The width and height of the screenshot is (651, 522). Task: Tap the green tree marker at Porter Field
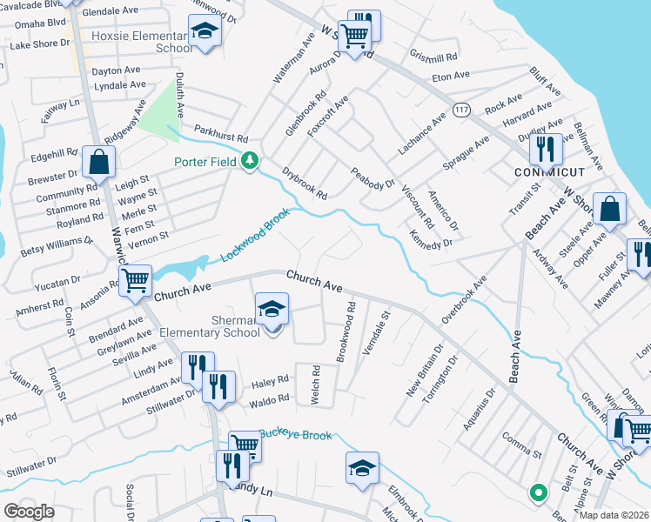tap(251, 160)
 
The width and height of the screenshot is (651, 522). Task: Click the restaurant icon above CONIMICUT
tap(546, 148)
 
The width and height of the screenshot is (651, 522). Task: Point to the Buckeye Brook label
tap(295, 434)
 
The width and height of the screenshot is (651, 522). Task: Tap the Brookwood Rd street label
tap(346, 333)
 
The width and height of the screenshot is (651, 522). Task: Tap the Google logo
tap(29, 512)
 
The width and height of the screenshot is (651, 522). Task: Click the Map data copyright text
tap(614, 515)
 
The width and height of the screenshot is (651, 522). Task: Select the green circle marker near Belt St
tap(538, 493)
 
